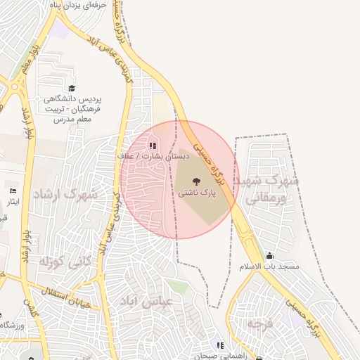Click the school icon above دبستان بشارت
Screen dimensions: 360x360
(152, 146)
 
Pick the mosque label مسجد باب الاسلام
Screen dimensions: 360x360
(270, 267)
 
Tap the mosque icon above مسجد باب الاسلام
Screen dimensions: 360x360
(269, 256)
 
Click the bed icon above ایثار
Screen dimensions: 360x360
(13, 191)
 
